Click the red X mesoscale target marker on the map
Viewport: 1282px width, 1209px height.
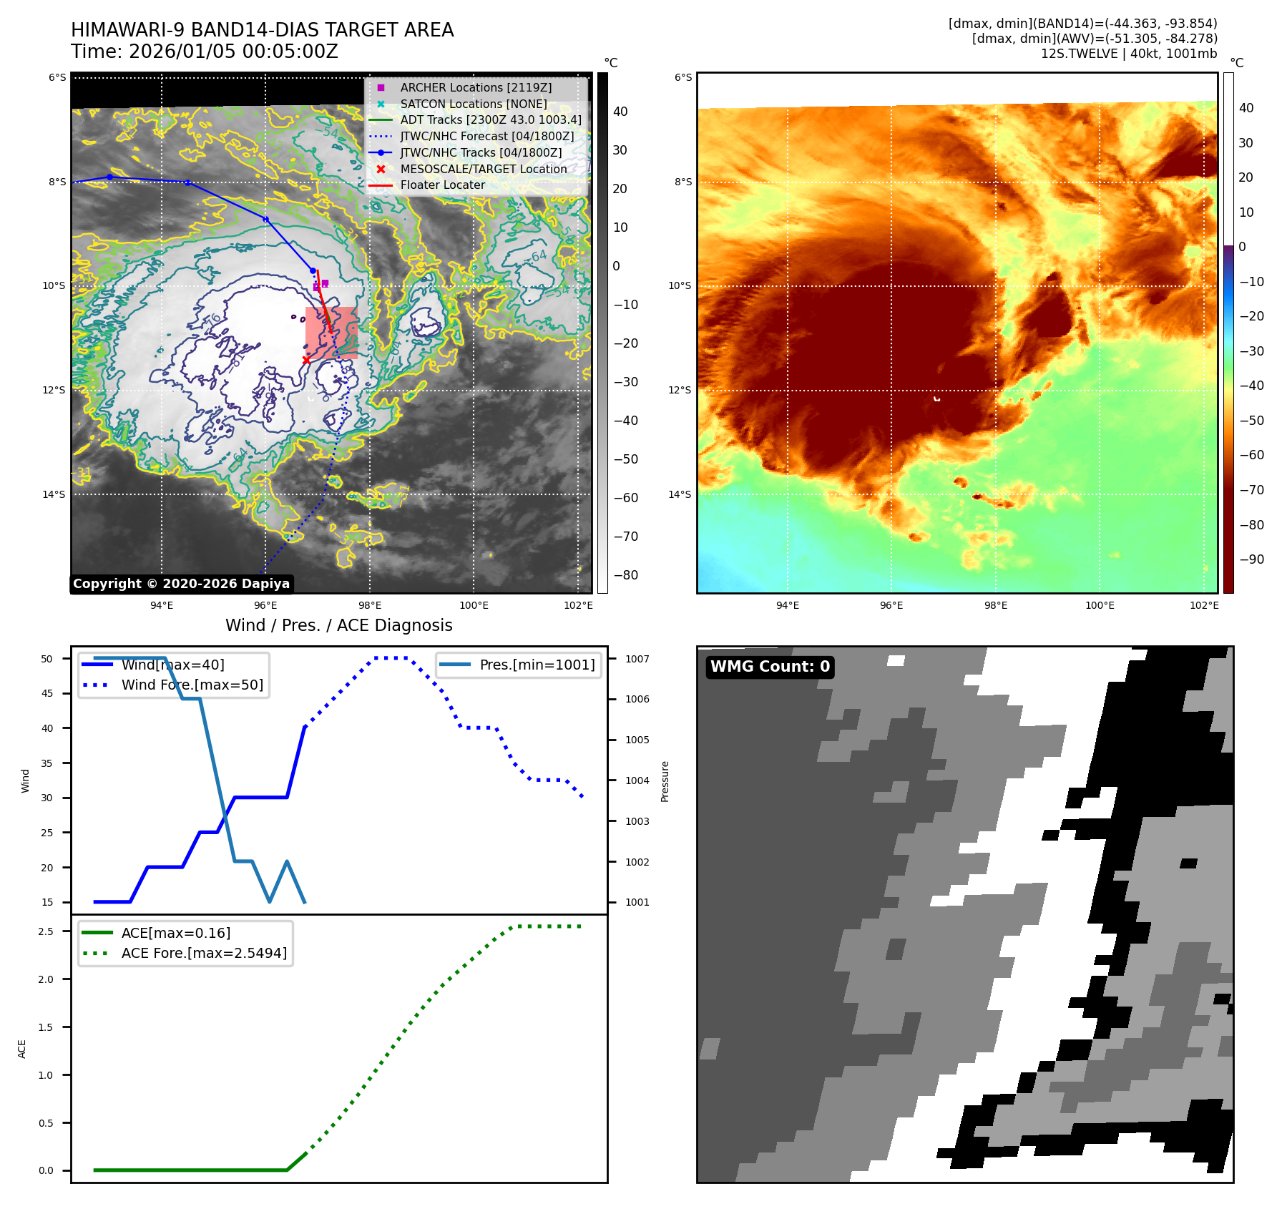point(306,360)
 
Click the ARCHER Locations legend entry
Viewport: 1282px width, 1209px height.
point(476,87)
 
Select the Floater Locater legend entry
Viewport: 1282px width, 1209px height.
point(442,185)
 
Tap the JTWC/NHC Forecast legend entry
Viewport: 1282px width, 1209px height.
point(486,136)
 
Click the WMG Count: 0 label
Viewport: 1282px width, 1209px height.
point(770,667)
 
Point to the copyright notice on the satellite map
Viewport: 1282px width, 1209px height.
point(181,584)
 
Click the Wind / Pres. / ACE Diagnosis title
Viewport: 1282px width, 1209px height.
point(338,625)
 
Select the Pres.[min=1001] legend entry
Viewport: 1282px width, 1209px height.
point(537,665)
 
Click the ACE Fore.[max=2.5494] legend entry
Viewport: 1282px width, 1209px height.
point(204,953)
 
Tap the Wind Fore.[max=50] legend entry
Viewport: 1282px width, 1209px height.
point(192,685)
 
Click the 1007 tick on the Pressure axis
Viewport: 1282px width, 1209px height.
point(637,659)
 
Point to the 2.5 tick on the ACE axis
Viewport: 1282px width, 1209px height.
point(46,931)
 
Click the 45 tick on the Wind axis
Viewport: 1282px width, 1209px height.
point(47,693)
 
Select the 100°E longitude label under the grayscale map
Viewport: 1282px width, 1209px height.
point(474,605)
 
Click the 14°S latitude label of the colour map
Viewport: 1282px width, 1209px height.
point(680,494)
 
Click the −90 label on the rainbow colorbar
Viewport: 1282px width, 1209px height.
point(1251,559)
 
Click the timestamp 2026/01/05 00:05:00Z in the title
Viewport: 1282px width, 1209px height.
point(233,52)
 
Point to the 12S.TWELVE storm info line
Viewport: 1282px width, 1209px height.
point(1128,54)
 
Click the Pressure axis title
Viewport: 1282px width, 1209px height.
point(665,781)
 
